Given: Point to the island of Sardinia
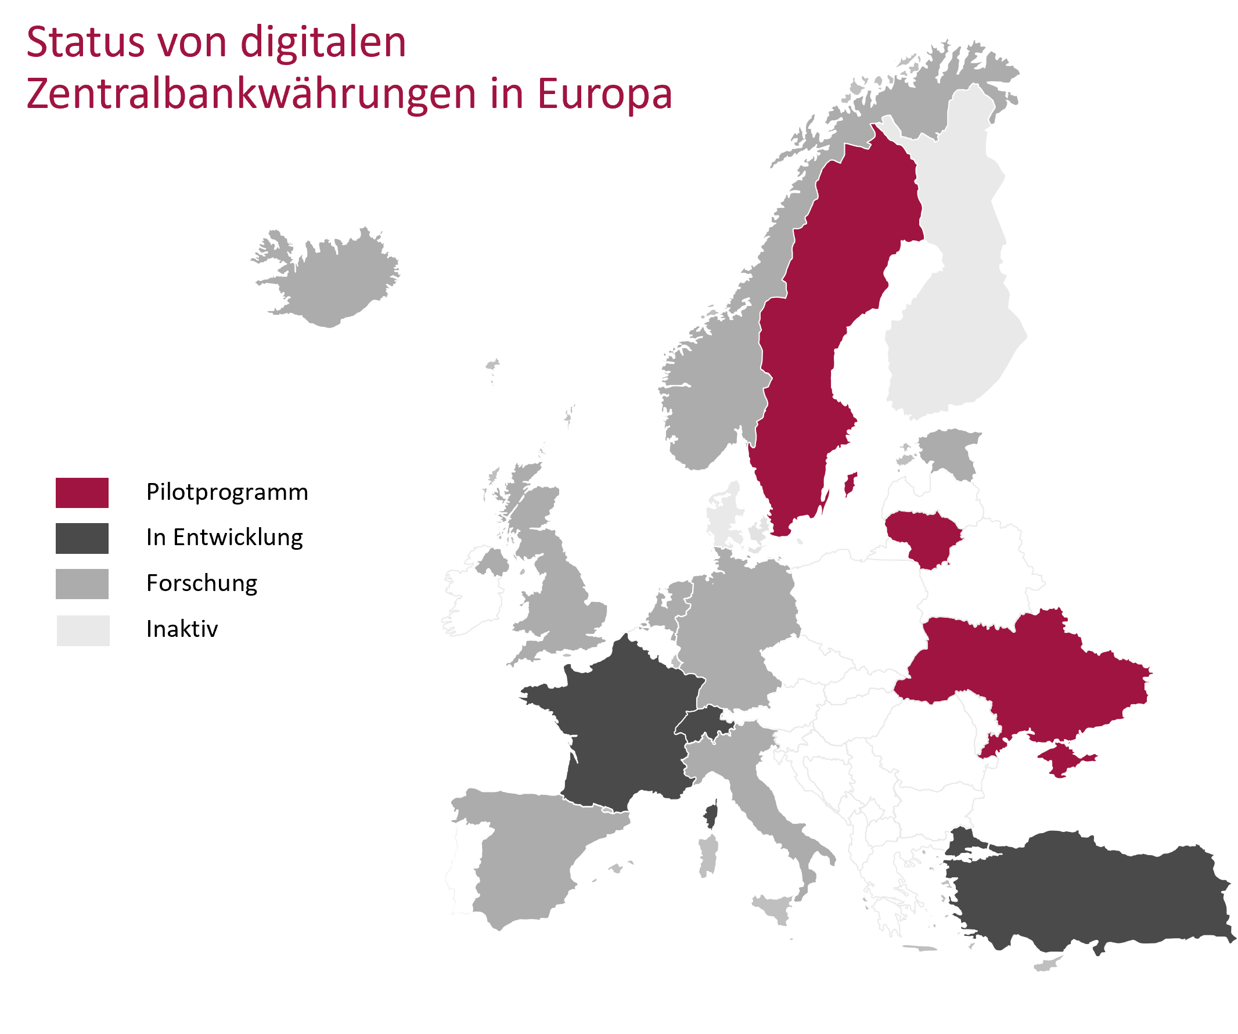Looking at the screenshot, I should pos(708,855).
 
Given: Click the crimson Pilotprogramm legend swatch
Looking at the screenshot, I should pos(82,492).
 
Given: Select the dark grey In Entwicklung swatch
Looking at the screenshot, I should pos(82,538).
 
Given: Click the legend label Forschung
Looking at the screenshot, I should pos(201,583).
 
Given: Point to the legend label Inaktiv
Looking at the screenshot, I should pos(182,629).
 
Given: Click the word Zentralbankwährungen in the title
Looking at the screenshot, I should pos(250,94).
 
